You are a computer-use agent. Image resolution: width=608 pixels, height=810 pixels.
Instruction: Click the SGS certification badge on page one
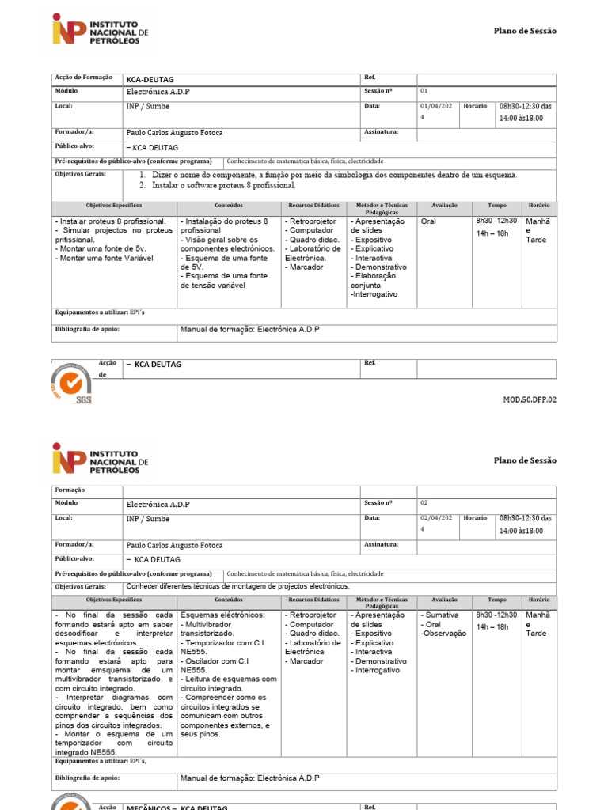click(72, 384)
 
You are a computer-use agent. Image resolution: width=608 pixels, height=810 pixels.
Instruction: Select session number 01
click(424, 91)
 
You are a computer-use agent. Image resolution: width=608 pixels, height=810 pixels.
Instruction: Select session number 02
click(424, 502)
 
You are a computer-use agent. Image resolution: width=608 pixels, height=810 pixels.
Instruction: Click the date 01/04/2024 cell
click(435, 111)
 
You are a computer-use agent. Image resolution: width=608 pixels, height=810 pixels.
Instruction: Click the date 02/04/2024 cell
click(435, 523)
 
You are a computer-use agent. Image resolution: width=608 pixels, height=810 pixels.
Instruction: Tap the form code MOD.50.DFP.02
click(530, 399)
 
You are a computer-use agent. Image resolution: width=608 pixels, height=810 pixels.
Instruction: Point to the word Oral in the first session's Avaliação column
click(428, 221)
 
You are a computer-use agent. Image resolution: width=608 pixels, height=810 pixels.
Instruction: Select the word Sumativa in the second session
click(441, 615)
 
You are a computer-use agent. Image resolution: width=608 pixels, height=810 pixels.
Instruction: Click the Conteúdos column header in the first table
click(229, 206)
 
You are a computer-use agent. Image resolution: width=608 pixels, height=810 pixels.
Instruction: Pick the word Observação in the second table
click(444, 634)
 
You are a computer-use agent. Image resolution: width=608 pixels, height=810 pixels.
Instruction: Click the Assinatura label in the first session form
click(381, 132)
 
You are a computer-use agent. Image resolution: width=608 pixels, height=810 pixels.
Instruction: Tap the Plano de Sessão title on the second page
click(525, 460)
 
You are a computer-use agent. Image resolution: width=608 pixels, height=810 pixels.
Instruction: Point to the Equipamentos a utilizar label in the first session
click(100, 312)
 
